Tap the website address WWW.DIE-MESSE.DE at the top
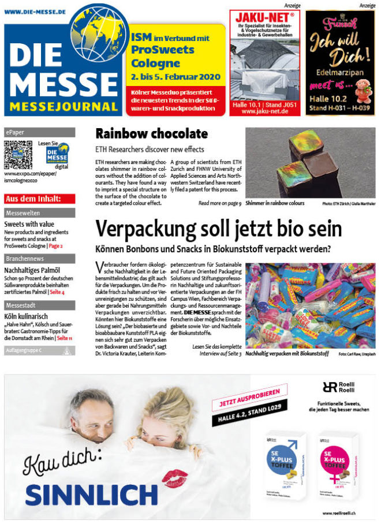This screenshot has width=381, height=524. tap(35, 10)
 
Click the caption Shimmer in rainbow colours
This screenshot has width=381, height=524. tap(274, 203)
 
